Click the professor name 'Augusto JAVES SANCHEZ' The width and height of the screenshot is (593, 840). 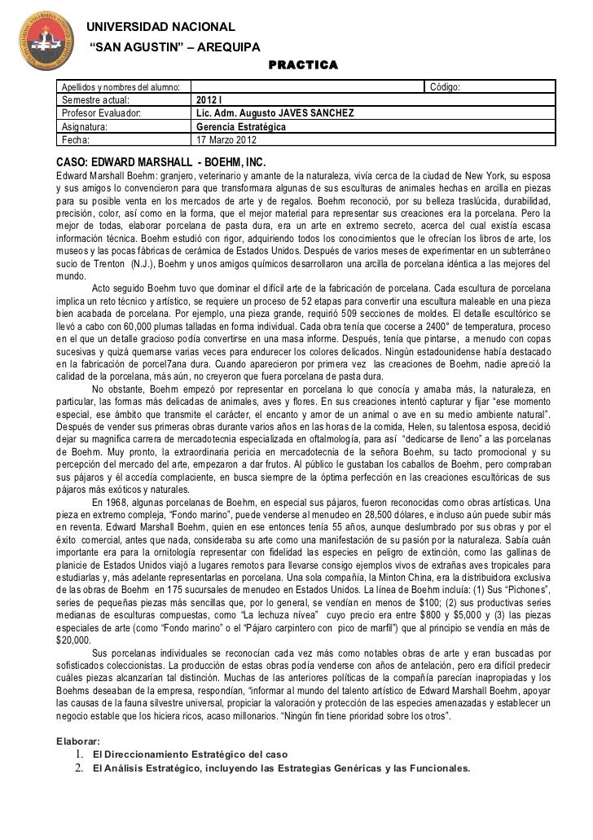click(296, 113)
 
